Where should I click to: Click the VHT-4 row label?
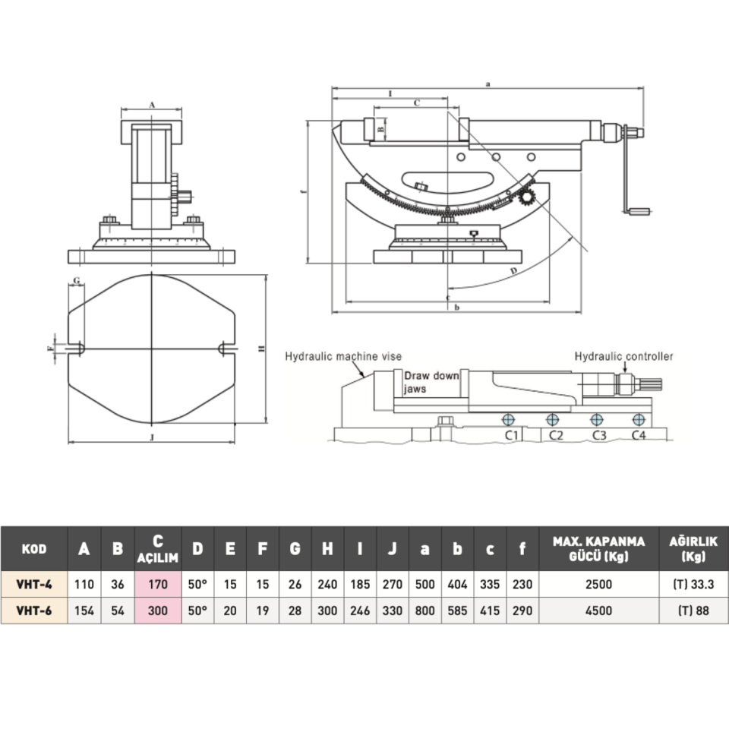click(x=34, y=585)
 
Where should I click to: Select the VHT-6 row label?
click(x=34, y=611)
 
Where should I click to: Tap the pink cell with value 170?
click(x=158, y=585)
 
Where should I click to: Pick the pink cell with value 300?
click(x=158, y=611)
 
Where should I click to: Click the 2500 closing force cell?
click(x=598, y=585)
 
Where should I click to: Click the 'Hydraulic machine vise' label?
click(x=343, y=356)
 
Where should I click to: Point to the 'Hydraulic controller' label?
click(x=623, y=355)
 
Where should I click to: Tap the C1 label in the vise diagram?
click(x=512, y=435)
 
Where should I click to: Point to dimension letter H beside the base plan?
click(x=260, y=349)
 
